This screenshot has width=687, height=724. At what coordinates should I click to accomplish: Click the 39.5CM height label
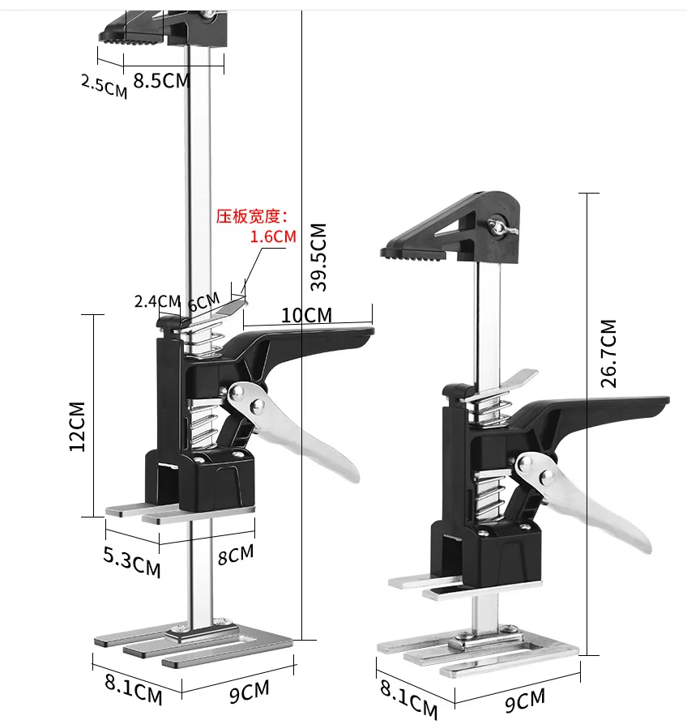coord(318,257)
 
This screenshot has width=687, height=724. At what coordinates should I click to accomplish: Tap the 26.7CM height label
coord(608,353)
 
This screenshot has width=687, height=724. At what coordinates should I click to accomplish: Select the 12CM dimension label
coord(78,426)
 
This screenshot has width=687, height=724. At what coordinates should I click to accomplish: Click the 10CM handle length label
coord(306,315)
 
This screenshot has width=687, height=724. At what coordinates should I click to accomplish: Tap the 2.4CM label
coord(157,301)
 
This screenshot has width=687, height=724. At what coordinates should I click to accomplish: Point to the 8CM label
coord(236,556)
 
